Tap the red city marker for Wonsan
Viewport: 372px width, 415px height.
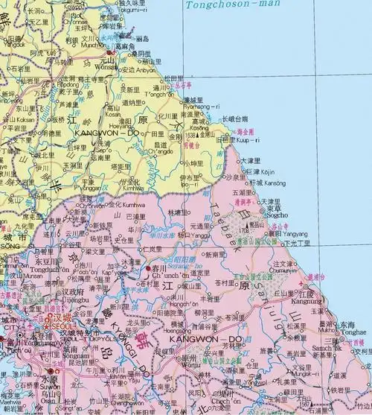click(x=111, y=54)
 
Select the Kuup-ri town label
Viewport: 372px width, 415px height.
click(x=240, y=139)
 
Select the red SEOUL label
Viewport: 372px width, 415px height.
click(x=63, y=325)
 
